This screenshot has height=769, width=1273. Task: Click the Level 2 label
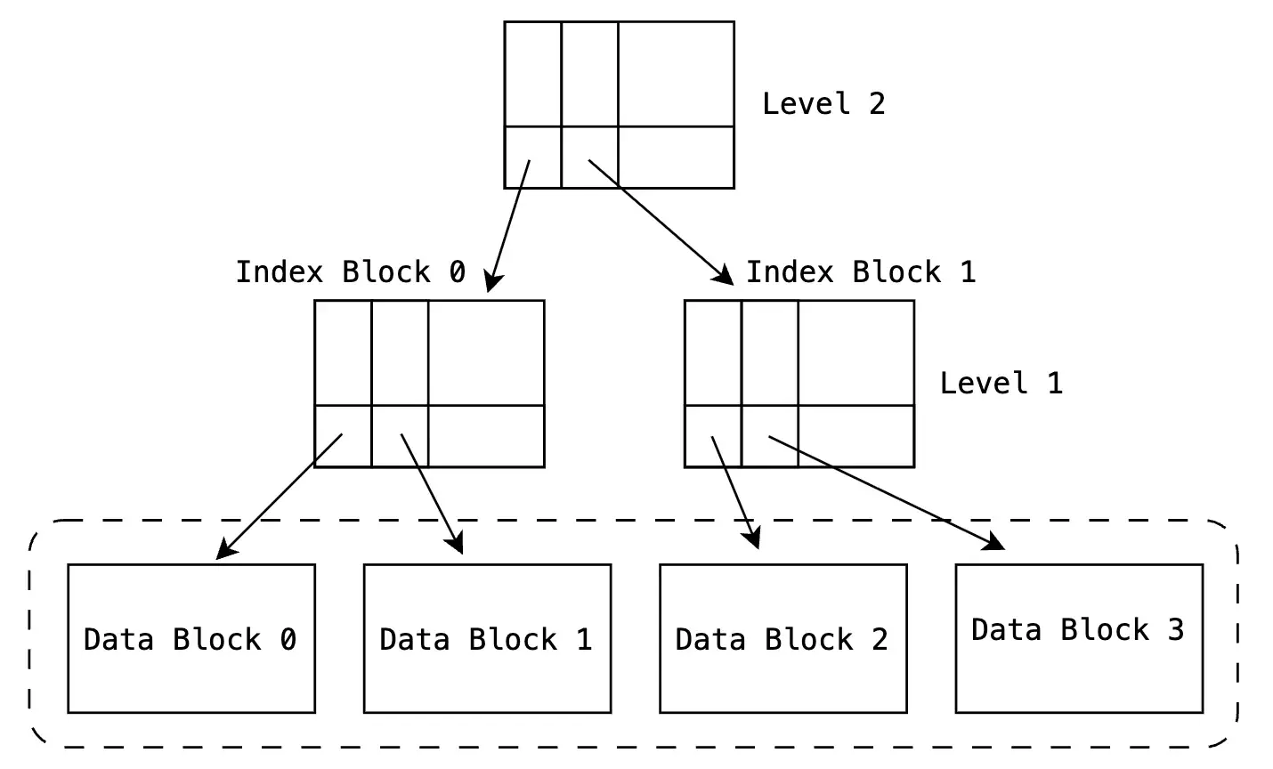[x=823, y=103]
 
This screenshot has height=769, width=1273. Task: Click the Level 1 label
[x=1001, y=383]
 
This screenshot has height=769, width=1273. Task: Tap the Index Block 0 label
[x=350, y=271]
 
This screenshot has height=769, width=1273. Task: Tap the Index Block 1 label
[x=860, y=271]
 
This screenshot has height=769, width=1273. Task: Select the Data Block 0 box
[x=191, y=638]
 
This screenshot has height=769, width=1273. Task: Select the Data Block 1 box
[x=487, y=638]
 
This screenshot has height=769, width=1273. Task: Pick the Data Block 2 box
[x=782, y=638]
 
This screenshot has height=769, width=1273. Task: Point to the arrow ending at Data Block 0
[x=280, y=496]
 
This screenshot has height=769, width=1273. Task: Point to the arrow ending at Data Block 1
[x=432, y=494]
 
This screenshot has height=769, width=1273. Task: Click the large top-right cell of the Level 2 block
[x=676, y=74]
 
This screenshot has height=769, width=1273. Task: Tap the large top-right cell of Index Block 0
[x=485, y=352]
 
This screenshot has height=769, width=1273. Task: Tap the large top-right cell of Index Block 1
[x=855, y=352]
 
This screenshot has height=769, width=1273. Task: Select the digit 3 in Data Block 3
[x=1175, y=629]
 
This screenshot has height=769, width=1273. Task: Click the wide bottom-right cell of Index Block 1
[x=855, y=435]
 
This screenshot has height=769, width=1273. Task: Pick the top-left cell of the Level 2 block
[x=532, y=74]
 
